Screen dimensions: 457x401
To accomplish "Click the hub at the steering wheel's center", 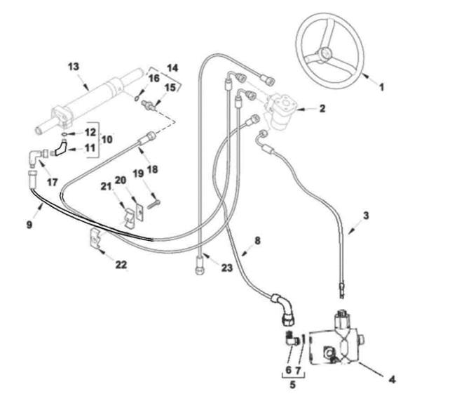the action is [323, 54].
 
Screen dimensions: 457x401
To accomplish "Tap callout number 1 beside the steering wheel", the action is [381, 87].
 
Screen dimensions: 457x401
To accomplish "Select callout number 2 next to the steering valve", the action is [322, 108].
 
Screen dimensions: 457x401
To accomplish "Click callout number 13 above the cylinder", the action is [74, 67].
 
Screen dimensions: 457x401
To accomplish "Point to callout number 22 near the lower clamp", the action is [121, 265].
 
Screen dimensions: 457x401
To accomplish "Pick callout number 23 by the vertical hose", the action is [227, 268].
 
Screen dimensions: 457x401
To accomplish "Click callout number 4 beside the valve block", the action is [393, 380].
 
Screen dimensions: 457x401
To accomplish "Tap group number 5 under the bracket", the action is [292, 385].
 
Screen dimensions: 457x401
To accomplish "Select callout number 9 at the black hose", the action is [29, 225].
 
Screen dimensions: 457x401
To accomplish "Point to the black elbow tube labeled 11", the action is [60, 147].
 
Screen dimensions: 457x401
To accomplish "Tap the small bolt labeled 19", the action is [154, 204].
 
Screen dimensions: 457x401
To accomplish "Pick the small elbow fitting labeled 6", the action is [290, 339].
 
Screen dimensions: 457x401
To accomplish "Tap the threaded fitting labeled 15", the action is [149, 106].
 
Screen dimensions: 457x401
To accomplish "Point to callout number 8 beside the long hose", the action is [257, 241].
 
